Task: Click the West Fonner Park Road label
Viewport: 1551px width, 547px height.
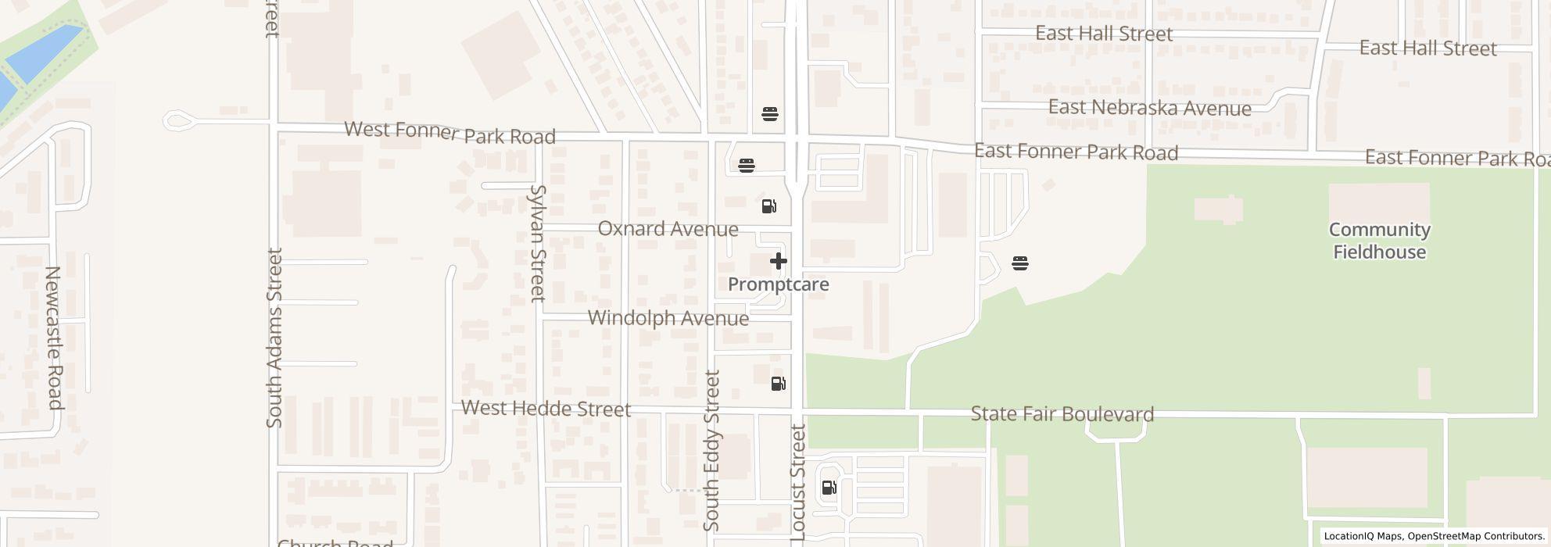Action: click(450, 133)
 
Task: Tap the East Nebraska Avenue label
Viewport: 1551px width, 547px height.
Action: click(1149, 108)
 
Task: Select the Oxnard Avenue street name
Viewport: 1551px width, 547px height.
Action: click(668, 229)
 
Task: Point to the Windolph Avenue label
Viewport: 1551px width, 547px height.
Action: click(668, 318)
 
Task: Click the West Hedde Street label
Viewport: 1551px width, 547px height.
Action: click(546, 408)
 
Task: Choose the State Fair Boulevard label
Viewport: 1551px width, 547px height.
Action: click(1062, 414)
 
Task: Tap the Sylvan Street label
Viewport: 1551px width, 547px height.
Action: click(537, 243)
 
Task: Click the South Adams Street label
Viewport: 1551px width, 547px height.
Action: click(274, 338)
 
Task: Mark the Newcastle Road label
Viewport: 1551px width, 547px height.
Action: click(53, 338)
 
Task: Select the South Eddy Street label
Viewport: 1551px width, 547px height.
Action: click(711, 451)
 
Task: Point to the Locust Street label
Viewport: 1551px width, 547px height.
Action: click(798, 482)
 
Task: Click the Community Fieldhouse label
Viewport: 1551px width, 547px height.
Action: click(1379, 241)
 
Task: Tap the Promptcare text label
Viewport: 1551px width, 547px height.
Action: click(778, 284)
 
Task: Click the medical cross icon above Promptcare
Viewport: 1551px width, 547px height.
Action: click(778, 261)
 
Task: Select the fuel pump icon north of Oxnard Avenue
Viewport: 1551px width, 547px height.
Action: click(769, 206)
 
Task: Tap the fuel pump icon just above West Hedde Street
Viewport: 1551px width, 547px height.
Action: click(779, 384)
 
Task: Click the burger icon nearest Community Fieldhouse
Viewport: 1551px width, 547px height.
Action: click(1019, 263)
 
